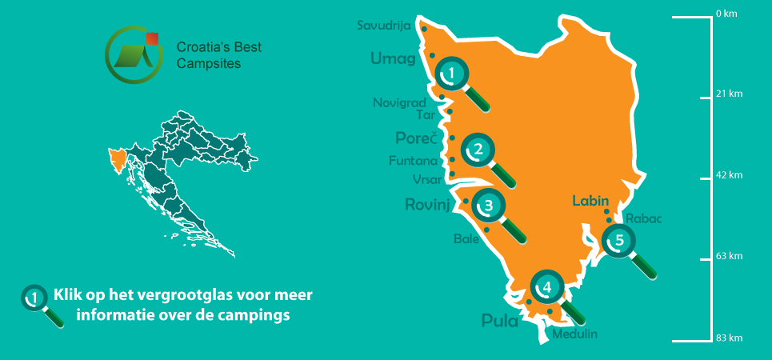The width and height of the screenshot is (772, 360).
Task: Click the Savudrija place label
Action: [x=384, y=26]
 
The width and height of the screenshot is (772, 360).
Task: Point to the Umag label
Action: [x=393, y=58]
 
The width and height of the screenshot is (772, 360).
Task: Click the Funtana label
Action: [x=413, y=161]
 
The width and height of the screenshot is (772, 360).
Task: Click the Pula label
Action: [x=500, y=322]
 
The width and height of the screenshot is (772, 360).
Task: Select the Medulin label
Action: [x=574, y=334]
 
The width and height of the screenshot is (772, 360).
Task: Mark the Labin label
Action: [x=591, y=201]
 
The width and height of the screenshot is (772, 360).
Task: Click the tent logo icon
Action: [x=132, y=54]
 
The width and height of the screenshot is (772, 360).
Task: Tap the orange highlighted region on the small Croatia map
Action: [x=118, y=158]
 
